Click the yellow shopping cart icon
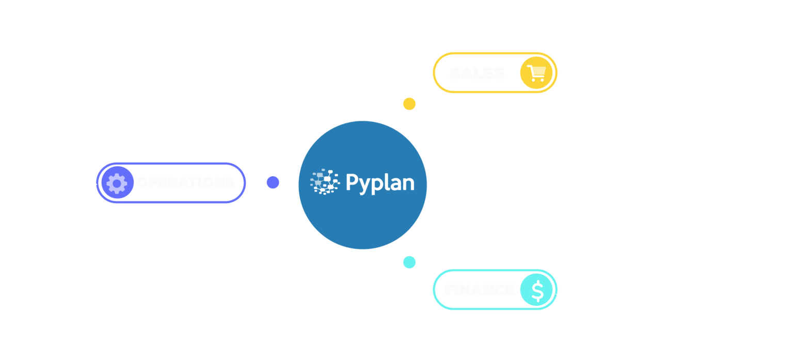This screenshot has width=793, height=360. coord(536,73)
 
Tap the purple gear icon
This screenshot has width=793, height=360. coord(117,183)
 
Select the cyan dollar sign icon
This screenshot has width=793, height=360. coord(537,290)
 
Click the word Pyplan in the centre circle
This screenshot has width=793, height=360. coord(380,183)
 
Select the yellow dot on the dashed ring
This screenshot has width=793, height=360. coord(409,104)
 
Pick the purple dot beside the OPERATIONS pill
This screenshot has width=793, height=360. coord(273,182)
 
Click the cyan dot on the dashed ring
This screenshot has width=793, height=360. coord(409,262)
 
